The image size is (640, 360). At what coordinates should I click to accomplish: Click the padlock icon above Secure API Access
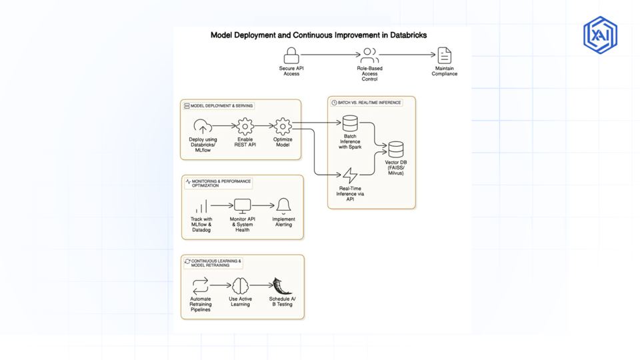[291, 55]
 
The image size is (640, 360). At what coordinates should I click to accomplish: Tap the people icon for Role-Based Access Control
[369, 55]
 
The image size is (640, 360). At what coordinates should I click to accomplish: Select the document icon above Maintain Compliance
[444, 55]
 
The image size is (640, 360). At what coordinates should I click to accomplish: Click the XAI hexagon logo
[600, 35]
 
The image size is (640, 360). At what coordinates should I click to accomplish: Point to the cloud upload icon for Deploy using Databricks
[203, 127]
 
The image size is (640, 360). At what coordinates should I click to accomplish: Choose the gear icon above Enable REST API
[245, 126]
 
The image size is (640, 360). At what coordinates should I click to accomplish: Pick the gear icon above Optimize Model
[283, 126]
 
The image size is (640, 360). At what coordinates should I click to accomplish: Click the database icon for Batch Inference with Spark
[350, 124]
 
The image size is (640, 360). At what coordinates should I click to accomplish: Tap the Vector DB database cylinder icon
[396, 149]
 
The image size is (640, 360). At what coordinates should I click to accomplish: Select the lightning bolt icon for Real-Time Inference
[350, 175]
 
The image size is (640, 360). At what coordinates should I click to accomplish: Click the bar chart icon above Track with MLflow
[201, 207]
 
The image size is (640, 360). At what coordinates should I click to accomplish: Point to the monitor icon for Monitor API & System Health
[242, 206]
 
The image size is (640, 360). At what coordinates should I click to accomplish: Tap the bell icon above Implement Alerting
[283, 205]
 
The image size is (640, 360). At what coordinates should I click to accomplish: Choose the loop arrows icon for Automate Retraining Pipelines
[201, 286]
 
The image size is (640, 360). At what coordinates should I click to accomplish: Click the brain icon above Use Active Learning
[240, 286]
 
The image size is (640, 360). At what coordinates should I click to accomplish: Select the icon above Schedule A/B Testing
[282, 286]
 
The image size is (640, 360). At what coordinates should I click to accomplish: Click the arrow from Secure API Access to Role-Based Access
[330, 55]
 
